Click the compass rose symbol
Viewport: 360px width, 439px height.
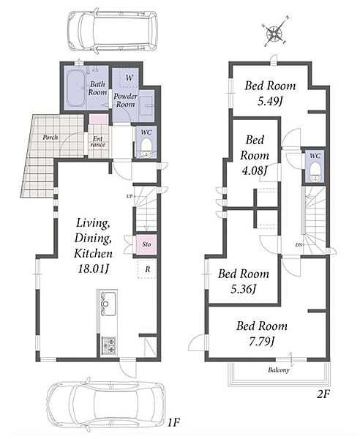[274, 32]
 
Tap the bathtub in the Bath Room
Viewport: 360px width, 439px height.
[75, 89]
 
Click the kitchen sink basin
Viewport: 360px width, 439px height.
[108, 303]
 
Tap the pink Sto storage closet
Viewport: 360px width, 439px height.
[146, 244]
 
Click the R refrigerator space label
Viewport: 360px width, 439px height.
[148, 269]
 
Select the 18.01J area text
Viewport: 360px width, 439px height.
[93, 269]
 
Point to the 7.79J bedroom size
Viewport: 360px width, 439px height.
[261, 341]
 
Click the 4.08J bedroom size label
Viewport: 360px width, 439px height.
[255, 170]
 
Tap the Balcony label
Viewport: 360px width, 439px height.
[279, 369]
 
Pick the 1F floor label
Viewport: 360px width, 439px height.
[173, 422]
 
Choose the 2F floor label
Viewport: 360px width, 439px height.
[323, 394]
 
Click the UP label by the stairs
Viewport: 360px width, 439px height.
[129, 196]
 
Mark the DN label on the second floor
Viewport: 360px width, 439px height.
[299, 245]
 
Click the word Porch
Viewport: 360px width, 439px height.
[50, 138]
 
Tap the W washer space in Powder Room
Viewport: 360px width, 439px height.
[129, 78]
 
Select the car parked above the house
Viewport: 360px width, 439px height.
[112, 31]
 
